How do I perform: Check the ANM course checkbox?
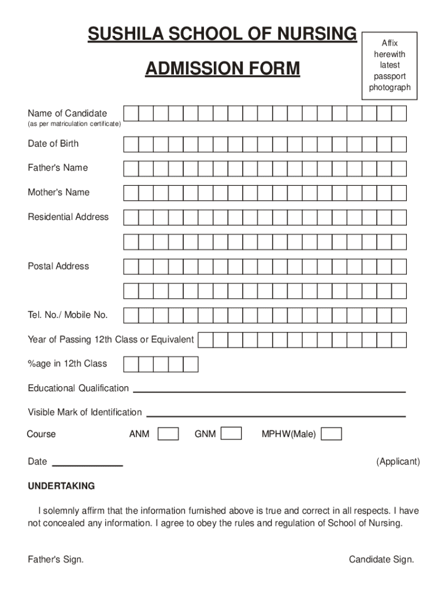click(168, 433)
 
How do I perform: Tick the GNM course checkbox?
click(231, 433)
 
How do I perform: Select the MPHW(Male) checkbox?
click(331, 433)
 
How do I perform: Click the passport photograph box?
click(390, 65)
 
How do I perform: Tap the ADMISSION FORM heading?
click(222, 69)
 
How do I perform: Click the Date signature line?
click(88, 465)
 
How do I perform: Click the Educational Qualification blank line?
click(269, 391)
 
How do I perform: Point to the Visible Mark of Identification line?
click(276, 416)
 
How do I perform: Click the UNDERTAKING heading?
click(61, 486)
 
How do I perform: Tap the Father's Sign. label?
click(55, 559)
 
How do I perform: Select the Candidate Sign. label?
click(381, 559)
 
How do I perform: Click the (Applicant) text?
click(398, 462)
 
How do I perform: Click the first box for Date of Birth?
click(131, 144)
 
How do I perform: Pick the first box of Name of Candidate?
click(131, 113)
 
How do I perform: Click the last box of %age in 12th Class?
click(191, 364)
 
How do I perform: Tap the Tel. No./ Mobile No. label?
click(68, 315)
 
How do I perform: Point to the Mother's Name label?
click(58, 192)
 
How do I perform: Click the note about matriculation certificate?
click(74, 124)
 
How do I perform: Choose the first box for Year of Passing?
click(206, 339)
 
